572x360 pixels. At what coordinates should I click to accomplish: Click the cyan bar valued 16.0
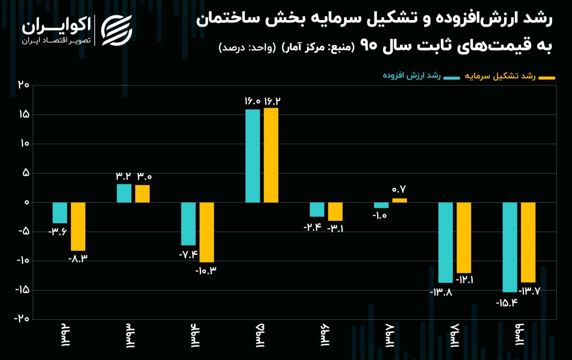(252, 156)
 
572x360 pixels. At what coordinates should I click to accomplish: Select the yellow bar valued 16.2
(271, 155)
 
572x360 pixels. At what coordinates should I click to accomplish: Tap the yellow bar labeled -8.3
(78, 226)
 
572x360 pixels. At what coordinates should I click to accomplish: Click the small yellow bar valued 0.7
(400, 200)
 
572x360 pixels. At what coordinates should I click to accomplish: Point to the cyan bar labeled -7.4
(188, 224)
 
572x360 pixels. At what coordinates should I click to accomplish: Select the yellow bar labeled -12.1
(464, 237)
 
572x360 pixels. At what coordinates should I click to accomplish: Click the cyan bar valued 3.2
(124, 193)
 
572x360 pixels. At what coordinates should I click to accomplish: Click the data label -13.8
(441, 292)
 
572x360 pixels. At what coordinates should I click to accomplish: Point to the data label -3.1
(336, 229)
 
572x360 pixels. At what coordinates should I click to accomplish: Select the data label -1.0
(379, 216)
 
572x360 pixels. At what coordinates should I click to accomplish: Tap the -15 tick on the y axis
(21, 290)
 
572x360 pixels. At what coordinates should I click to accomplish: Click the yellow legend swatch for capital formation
(547, 78)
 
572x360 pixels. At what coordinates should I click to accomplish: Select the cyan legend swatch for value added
(451, 78)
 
